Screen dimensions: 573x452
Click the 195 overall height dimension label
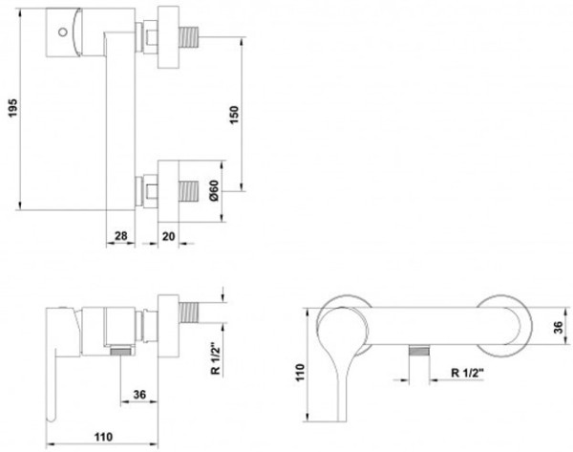click(12, 108)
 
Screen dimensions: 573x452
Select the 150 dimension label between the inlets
click(234, 115)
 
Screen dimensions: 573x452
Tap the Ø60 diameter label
click(214, 190)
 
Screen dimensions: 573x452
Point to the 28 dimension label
click(121, 236)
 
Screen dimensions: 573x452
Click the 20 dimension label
click(168, 237)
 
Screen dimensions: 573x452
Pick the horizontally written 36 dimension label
click(139, 395)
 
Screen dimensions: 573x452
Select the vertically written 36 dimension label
click(558, 328)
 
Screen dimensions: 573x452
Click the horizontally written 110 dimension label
click(103, 437)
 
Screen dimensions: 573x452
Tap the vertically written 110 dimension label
click(300, 373)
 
